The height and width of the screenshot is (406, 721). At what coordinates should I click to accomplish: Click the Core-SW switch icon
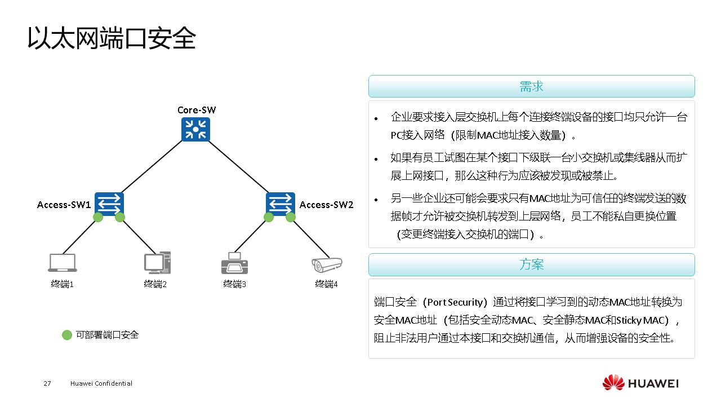(195, 130)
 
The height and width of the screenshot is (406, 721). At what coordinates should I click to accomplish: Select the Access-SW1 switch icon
(109, 204)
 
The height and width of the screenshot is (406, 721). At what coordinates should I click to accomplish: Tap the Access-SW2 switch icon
(280, 204)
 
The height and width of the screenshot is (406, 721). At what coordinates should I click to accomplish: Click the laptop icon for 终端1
(63, 263)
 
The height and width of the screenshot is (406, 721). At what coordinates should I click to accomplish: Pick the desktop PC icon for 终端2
(157, 262)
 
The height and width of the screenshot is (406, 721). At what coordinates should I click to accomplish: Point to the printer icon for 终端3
(234, 263)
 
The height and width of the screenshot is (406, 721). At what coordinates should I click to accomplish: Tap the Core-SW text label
(196, 109)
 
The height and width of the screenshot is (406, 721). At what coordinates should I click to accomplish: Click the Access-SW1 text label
(64, 205)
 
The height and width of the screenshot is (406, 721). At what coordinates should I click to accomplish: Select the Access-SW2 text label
(326, 205)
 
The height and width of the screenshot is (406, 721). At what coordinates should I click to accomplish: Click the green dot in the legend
(67, 335)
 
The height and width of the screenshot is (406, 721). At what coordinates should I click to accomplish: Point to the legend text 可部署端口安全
(107, 335)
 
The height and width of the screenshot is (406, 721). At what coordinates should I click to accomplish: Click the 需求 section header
(531, 86)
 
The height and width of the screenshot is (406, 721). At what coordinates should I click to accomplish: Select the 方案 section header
(531, 264)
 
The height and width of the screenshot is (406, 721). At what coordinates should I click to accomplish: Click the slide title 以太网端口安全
(112, 38)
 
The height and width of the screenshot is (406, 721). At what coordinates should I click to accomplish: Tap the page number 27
(47, 384)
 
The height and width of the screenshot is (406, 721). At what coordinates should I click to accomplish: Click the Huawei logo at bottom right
(640, 383)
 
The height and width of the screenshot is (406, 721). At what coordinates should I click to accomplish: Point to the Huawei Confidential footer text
(101, 384)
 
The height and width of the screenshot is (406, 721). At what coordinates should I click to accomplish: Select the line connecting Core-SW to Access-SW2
(238, 167)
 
